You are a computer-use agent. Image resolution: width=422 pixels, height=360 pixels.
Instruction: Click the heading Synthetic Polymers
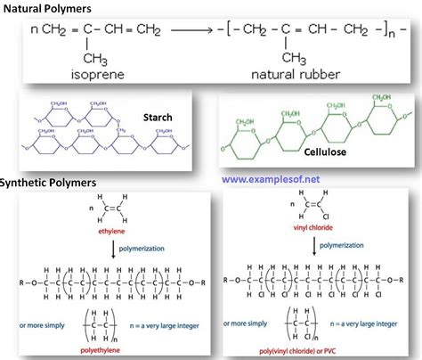(50, 183)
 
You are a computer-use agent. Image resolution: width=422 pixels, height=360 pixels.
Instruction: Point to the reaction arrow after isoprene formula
(189, 33)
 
